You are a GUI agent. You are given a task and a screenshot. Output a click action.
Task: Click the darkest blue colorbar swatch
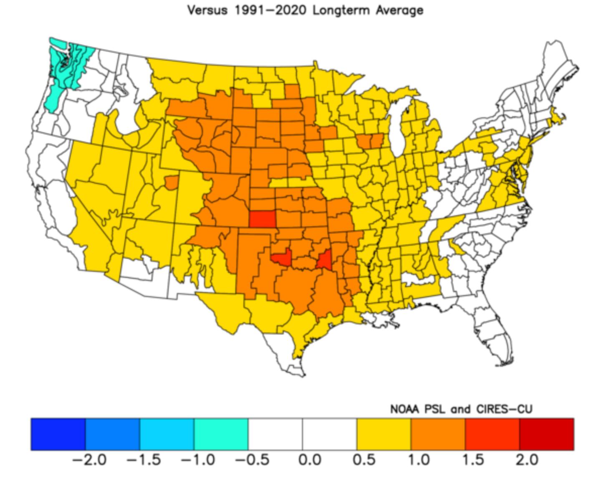(x=58, y=434)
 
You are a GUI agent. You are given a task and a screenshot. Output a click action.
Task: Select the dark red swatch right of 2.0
(x=546, y=434)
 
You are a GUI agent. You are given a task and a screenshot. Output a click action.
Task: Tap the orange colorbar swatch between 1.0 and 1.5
(x=438, y=434)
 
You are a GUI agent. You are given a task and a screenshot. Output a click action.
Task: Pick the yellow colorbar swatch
(x=384, y=434)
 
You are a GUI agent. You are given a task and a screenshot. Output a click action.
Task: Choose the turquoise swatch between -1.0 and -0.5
(x=221, y=434)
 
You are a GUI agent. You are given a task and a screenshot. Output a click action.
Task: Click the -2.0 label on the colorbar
(x=89, y=460)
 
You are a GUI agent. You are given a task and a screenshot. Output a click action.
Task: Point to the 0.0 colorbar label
(x=309, y=460)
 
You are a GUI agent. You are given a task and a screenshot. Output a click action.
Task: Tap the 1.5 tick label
(x=473, y=460)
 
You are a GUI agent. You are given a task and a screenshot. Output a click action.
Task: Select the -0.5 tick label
(x=252, y=460)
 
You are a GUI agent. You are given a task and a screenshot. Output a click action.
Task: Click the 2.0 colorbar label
(x=527, y=460)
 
